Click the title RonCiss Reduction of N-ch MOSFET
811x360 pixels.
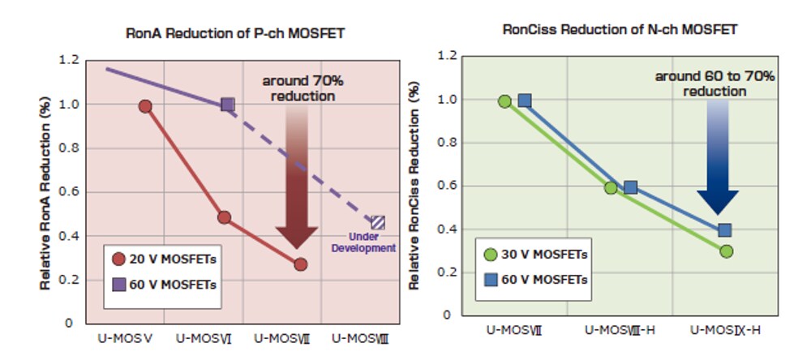tap(620, 29)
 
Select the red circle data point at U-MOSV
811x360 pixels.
tap(145, 106)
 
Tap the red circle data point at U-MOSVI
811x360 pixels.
tap(225, 217)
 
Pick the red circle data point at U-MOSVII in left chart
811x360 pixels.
tap(301, 264)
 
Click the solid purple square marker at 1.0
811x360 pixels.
tap(228, 105)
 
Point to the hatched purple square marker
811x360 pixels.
tap(378, 222)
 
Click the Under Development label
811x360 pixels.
tap(363, 242)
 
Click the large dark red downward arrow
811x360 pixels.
tap(297, 178)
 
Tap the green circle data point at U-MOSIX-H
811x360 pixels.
tap(726, 251)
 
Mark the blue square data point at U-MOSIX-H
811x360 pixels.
tap(725, 230)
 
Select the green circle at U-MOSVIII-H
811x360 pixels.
tap(611, 187)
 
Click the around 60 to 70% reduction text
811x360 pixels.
tap(714, 84)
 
